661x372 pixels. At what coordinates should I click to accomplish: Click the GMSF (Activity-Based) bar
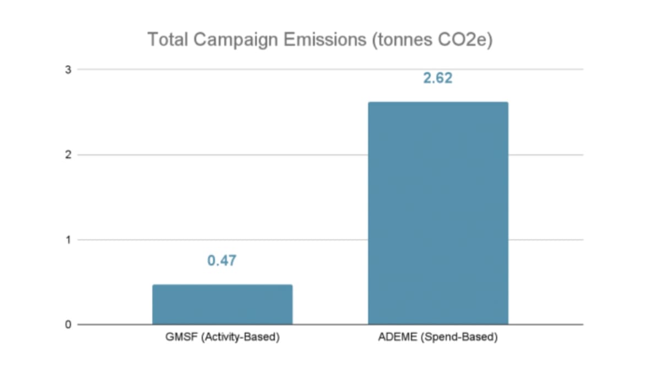pyautogui.click(x=222, y=304)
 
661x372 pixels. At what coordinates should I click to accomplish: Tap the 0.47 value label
pyautogui.click(x=221, y=261)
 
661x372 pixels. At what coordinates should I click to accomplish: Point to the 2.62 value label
pyautogui.click(x=437, y=78)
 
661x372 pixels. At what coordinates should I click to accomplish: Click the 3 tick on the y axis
pyautogui.click(x=68, y=69)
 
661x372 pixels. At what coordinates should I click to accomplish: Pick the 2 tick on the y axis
pyautogui.click(x=68, y=155)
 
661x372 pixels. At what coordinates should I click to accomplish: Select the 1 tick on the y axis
pyautogui.click(x=68, y=240)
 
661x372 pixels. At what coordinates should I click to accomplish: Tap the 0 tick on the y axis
pyautogui.click(x=68, y=325)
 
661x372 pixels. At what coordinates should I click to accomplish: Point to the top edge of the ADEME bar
pyautogui.click(x=438, y=103)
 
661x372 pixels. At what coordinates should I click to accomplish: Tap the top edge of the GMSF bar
pyautogui.click(x=222, y=285)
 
